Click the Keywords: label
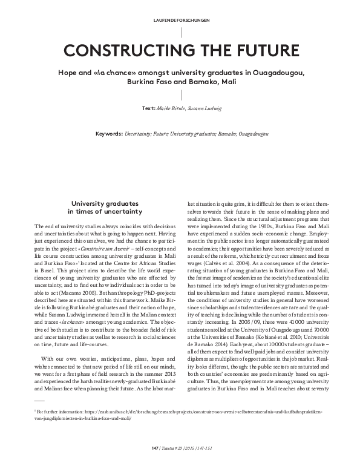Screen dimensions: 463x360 [110, 133]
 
